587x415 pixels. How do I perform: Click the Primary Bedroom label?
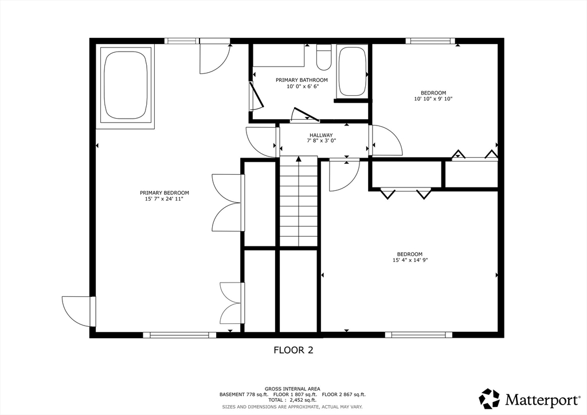165,193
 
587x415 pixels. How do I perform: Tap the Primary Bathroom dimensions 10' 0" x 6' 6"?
302,86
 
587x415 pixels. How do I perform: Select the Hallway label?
321,135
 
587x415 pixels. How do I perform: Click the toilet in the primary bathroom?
324,57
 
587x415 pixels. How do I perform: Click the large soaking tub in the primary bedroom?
126,85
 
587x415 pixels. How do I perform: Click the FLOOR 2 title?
293,350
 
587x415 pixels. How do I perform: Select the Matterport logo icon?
490,399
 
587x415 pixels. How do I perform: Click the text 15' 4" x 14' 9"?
410,260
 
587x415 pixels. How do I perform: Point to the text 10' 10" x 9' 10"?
433,99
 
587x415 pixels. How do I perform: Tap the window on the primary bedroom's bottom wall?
179,335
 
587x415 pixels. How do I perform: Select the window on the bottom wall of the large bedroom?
418,335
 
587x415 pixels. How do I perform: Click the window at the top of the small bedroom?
430,41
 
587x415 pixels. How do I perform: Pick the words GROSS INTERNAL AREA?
292,389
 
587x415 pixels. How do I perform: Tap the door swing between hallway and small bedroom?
386,140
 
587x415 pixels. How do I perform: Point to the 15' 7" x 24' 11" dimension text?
164,199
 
